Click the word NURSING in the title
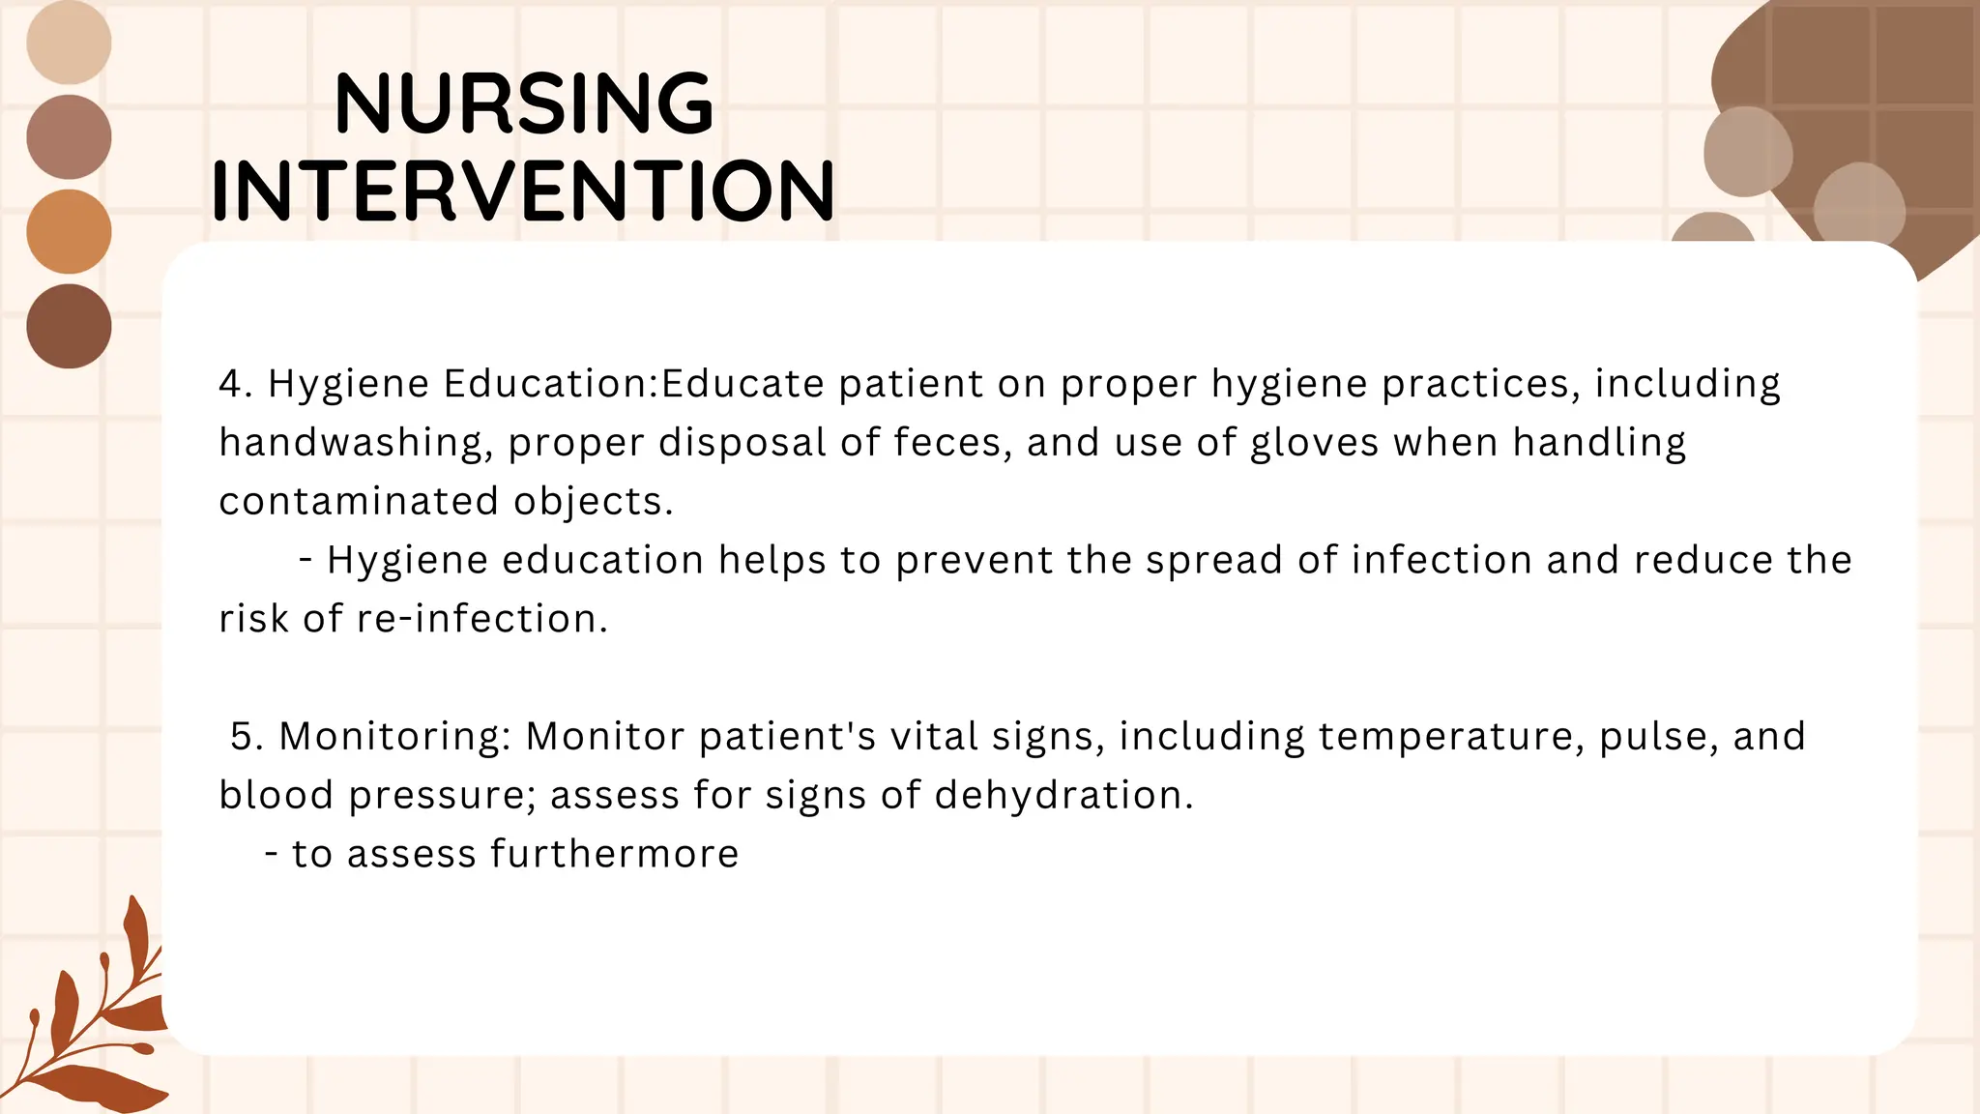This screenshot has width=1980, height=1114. pos(523,103)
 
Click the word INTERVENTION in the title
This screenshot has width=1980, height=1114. pos(523,191)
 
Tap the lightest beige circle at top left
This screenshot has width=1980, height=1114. pos(69,43)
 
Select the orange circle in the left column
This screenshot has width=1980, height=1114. pos(69,231)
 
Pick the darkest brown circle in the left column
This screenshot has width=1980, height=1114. pos(69,326)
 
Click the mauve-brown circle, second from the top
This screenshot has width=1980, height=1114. pos(69,136)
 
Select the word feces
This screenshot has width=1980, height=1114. pos(952,443)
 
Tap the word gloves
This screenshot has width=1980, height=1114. pos(1314,443)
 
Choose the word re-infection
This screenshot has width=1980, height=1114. pos(481,619)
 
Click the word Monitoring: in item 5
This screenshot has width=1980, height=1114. pos(394,737)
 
